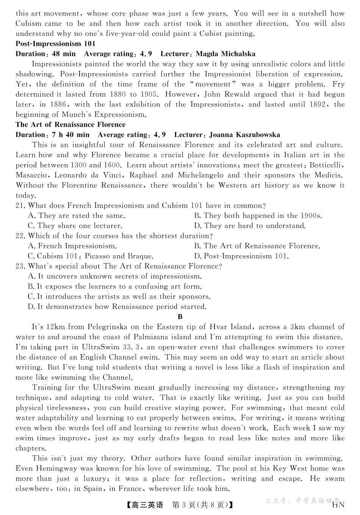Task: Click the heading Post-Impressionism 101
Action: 55,44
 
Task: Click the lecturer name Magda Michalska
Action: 225,54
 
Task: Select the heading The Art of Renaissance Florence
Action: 70,125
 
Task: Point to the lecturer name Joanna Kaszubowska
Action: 244,135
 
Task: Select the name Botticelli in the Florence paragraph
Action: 326,165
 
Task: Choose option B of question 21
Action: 258,216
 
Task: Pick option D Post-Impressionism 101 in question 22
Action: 241,256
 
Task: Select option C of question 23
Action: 119,297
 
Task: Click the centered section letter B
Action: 180,317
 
